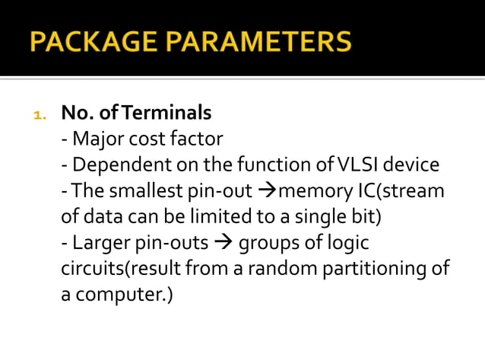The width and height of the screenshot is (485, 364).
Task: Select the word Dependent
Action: [x=113, y=165]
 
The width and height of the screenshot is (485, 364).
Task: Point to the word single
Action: [x=305, y=217]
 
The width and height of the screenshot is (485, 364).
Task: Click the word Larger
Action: [x=98, y=243]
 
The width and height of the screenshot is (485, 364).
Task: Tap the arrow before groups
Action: [x=227, y=243]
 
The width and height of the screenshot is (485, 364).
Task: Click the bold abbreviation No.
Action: [x=77, y=113]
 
